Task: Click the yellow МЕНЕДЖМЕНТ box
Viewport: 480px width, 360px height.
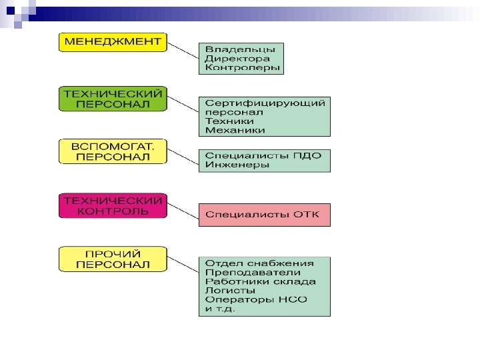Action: (x=112, y=42)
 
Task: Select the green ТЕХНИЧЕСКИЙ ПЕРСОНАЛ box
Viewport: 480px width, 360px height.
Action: (x=112, y=98)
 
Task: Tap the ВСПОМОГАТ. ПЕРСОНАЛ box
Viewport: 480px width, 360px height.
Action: (x=112, y=151)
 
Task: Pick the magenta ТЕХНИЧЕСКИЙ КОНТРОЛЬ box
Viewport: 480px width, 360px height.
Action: (x=112, y=205)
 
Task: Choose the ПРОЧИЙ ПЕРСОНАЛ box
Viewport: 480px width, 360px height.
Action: (x=112, y=259)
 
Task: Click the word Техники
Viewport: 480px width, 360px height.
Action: (x=229, y=122)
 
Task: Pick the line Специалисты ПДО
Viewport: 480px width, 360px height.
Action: (x=263, y=155)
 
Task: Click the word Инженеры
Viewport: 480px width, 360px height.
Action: (x=237, y=165)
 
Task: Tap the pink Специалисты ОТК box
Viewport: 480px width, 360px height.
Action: (x=264, y=215)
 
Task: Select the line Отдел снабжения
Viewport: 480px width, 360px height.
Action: (x=259, y=263)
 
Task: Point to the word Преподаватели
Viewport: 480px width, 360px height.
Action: (x=253, y=272)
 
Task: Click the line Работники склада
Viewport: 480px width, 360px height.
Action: (x=261, y=281)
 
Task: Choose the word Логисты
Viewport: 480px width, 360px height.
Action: (x=231, y=291)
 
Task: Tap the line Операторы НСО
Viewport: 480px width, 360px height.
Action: (x=257, y=300)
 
